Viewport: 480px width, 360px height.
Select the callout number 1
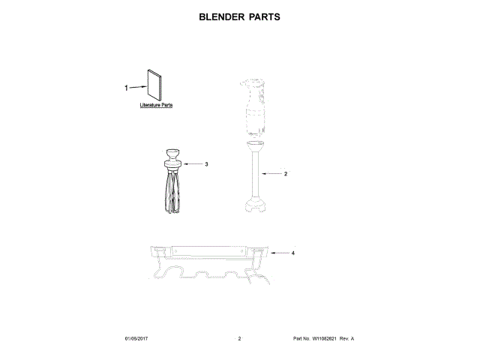click(126, 88)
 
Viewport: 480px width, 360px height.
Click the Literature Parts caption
click(156, 106)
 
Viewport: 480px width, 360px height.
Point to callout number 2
click(286, 173)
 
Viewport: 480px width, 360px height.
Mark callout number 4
click(292, 253)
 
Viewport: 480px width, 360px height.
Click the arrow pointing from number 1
click(138, 88)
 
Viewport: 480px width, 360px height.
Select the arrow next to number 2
click(271, 173)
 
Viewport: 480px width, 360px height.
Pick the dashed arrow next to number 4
click(279, 253)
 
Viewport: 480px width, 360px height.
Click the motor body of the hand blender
click(253, 109)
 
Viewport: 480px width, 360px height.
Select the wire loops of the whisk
click(172, 192)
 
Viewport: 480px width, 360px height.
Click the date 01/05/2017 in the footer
click(138, 339)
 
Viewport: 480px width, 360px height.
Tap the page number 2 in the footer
click(239, 339)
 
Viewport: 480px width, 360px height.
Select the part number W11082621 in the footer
click(326, 339)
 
